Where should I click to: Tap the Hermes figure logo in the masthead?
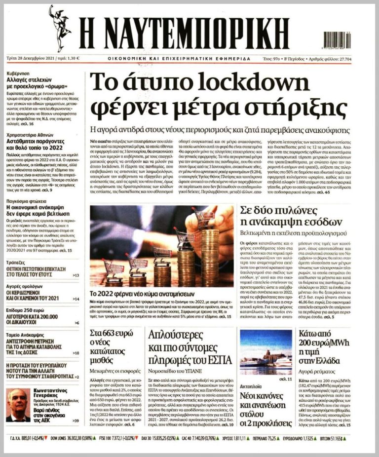pos(60,28)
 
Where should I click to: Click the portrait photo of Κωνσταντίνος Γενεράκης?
pos(18,405)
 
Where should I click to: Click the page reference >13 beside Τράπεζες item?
pos(76,275)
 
